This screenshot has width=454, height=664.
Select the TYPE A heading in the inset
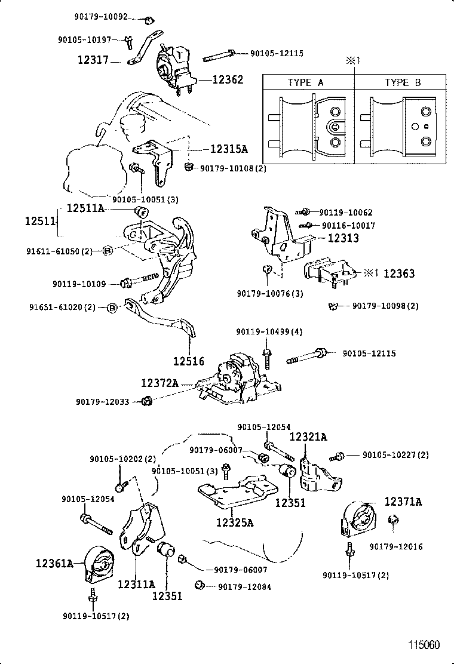point(305,83)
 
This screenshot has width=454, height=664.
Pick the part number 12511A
point(85,208)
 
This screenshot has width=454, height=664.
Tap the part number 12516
point(189,361)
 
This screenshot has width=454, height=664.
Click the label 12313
point(343,238)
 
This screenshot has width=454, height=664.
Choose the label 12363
point(398,273)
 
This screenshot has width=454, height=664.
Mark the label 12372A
point(159,383)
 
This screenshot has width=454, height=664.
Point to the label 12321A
point(308,437)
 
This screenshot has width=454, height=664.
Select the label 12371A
point(403,502)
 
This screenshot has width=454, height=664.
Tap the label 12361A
point(54,562)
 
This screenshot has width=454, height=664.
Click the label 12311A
point(136,584)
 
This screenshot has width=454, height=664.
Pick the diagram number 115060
point(424,645)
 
